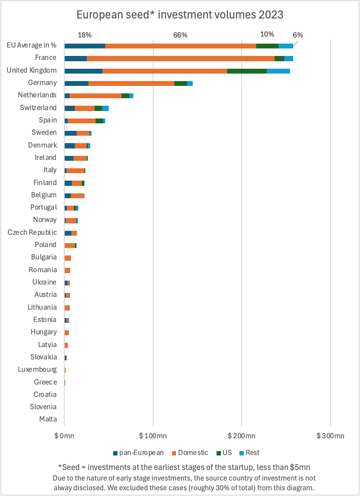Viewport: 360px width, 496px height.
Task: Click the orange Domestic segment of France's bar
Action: click(180, 58)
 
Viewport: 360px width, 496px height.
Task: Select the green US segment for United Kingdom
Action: click(246, 70)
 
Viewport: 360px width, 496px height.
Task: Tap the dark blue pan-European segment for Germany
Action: click(77, 83)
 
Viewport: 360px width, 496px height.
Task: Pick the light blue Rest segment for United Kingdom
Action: click(278, 70)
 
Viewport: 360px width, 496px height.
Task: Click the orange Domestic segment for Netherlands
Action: click(96, 96)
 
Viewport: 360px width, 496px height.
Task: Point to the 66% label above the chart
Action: click(180, 35)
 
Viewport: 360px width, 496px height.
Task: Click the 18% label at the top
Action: click(84, 35)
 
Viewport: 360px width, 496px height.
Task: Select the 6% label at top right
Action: click(298, 35)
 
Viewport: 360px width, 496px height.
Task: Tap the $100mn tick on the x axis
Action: click(153, 436)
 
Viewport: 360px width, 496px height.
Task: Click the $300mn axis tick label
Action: click(330, 436)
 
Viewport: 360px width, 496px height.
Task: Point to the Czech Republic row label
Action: click(32, 232)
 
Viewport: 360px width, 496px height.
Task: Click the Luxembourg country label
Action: click(37, 370)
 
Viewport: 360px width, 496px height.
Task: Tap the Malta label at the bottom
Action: click(48, 419)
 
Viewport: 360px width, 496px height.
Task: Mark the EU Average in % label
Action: click(32, 45)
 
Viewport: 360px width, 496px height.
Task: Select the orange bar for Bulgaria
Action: click(68, 258)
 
